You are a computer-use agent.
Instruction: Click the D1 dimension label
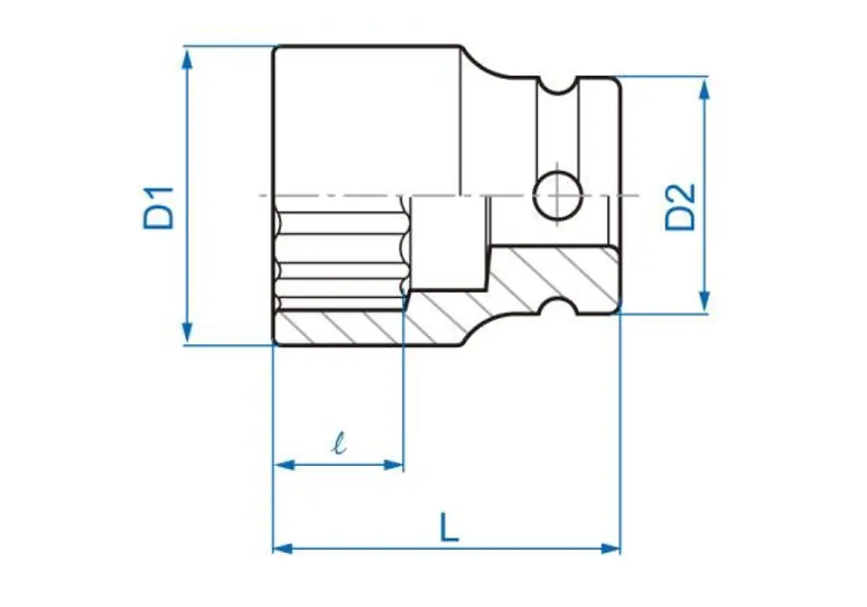[x=159, y=209]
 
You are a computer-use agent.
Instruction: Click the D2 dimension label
[x=680, y=207]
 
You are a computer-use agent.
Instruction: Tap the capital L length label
[x=449, y=527]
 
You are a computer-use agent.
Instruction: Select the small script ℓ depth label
[x=340, y=443]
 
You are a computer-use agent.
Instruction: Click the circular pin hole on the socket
[x=557, y=194]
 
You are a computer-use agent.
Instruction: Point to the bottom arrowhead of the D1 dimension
[x=188, y=332]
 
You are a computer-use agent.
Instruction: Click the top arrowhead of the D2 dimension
[x=704, y=89]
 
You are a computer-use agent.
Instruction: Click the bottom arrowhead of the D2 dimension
[x=704, y=302]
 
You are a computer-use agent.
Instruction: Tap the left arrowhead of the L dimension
[x=284, y=548]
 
